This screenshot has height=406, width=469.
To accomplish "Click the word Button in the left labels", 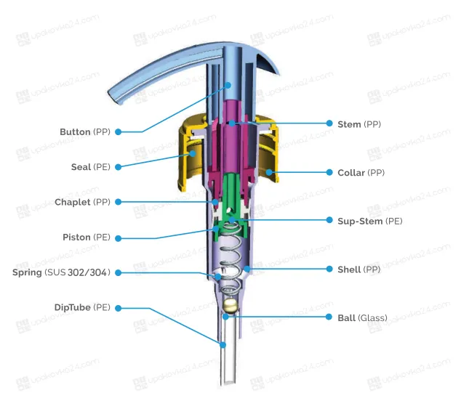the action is pos(75,131).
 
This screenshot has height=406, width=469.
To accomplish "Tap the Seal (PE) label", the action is pos(91,167).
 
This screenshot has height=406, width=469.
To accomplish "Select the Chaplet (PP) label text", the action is pos(83,202).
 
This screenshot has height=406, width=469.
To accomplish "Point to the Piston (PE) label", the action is pos(87,237).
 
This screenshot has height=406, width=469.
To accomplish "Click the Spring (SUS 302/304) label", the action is pos(61,272).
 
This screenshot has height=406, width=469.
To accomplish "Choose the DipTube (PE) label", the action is pos(82,307).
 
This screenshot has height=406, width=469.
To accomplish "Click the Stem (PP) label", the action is pos(359,124).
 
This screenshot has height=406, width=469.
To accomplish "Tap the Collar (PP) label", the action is pos(361,173).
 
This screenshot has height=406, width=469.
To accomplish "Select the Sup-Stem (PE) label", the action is pos(370,222).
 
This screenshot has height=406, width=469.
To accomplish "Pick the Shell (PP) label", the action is pos(359,269).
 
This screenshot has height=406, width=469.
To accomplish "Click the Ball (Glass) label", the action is pos(363,318).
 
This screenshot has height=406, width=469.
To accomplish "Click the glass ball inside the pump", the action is pos(230,306).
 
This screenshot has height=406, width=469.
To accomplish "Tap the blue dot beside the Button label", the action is pos(118,131).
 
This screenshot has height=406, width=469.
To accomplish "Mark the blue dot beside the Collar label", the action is pos(329,172).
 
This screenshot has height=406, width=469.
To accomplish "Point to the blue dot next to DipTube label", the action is pos(118,308).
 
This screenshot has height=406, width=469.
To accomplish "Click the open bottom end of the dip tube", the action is pos(229,381).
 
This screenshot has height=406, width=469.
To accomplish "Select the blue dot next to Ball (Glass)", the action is pos(329,317).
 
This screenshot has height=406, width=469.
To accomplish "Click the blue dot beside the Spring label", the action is pos(118,273).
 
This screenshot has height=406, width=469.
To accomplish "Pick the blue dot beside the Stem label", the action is pos(329,123).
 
